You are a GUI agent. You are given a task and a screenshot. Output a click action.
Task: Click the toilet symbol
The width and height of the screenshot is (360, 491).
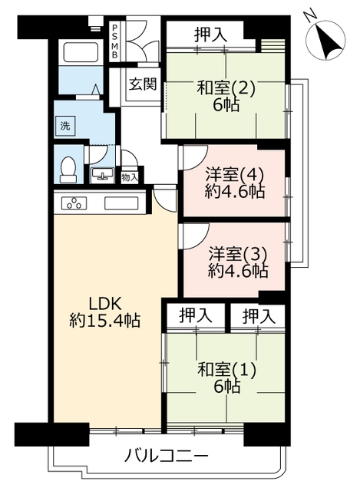(x=68, y=169)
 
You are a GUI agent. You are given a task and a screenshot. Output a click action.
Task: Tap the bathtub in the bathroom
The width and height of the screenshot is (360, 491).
(x=81, y=52)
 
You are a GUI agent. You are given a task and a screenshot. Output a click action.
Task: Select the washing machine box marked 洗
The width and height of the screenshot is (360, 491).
(x=65, y=127)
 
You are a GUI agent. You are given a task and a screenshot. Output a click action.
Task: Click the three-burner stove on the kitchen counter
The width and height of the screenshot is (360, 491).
(x=74, y=203)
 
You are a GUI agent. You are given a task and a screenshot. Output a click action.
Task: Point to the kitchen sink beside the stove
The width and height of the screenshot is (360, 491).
(x=121, y=203)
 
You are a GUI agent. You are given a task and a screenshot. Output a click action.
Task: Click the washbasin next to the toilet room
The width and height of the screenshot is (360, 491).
(x=102, y=174)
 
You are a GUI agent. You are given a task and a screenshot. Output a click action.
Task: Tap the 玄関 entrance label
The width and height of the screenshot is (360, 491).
(x=143, y=84)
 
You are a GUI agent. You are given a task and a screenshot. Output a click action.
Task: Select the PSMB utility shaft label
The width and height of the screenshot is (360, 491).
(x=115, y=41)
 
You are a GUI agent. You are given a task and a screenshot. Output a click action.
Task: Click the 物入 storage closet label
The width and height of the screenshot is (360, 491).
(x=130, y=178)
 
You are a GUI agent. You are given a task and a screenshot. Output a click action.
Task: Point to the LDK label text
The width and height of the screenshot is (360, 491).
(x=105, y=304)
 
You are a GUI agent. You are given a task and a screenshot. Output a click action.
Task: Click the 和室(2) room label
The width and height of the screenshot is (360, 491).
(x=226, y=88)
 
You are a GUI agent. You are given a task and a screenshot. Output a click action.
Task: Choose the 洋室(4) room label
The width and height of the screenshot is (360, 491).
(x=234, y=175)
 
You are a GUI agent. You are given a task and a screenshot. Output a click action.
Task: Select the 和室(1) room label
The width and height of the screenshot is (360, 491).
(x=227, y=370)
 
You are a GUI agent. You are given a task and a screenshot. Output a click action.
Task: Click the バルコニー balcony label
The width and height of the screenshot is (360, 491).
(x=167, y=456)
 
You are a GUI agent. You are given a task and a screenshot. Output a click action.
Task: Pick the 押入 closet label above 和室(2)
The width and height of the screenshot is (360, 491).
(x=210, y=35)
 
